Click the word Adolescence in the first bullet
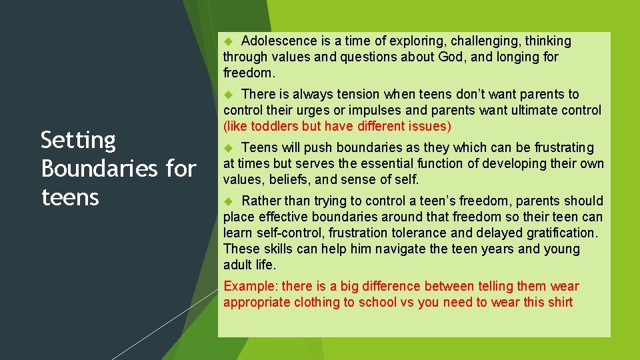[x=275, y=41]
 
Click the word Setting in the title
[x=78, y=140]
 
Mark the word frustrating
[x=561, y=148]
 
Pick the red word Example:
[x=251, y=287]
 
